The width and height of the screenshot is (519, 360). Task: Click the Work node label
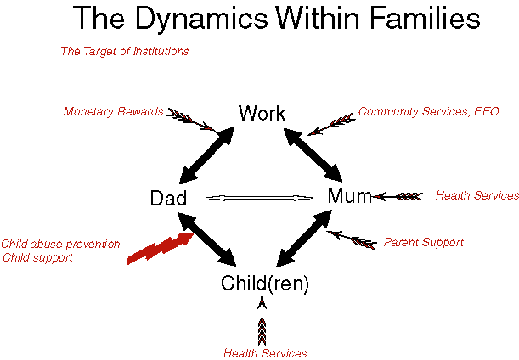tap(262, 113)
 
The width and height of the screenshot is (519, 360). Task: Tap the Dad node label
tap(168, 198)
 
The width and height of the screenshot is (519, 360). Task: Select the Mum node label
tap(349, 195)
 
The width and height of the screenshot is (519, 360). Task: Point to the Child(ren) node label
tap(265, 284)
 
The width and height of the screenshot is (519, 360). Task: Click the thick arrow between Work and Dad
tap(207, 155)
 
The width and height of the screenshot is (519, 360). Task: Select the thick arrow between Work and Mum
tap(313, 155)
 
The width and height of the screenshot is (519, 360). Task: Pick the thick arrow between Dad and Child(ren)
tap(207, 239)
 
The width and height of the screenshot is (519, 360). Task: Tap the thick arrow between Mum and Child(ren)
tap(304, 239)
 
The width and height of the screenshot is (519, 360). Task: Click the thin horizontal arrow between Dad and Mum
tap(259, 198)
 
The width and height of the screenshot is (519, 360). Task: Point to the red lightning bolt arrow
tap(161, 248)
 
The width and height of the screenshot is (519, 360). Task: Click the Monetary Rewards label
tap(113, 111)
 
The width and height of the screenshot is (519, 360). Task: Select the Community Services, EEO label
tap(429, 111)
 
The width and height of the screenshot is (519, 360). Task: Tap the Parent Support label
tap(424, 242)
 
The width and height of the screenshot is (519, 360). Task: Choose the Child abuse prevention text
tap(60, 245)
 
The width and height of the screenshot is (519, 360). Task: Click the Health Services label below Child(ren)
tap(265, 352)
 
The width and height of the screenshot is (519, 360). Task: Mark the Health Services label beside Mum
tap(477, 195)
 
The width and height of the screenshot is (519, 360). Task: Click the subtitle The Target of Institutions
tap(125, 51)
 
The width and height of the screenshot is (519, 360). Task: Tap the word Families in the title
tap(425, 18)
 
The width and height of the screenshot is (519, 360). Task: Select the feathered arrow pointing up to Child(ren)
tap(262, 319)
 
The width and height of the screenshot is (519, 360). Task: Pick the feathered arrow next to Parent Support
tap(352, 240)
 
